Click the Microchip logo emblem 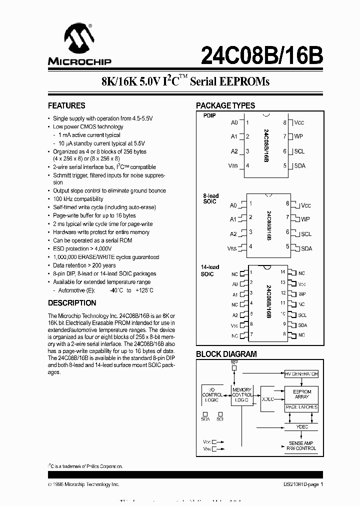tap(77, 38)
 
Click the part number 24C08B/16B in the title tap(261, 55)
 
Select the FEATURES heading tap(66, 105)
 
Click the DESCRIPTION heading tap(72, 303)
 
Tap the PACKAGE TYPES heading tap(225, 105)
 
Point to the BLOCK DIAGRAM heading tap(226, 354)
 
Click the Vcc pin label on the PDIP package tap(299, 122)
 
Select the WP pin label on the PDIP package tap(299, 136)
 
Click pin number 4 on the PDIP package tap(247, 166)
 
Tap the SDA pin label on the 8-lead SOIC tap(306, 248)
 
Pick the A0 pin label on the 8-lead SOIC tap(233, 205)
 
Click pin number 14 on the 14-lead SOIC tap(282, 272)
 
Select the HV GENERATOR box tap(301, 374)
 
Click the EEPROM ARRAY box tap(301, 394)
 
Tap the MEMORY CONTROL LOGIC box tap(242, 395)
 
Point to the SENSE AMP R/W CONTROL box tap(301, 446)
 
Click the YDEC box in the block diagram tap(301, 427)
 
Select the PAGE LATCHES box tap(301, 407)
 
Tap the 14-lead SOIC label tap(210, 270)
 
